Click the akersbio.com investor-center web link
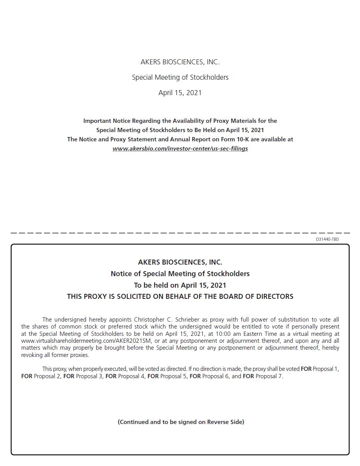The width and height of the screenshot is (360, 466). click(x=180, y=149)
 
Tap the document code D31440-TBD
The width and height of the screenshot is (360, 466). click(x=327, y=239)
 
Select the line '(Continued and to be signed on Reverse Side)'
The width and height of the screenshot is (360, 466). click(x=181, y=422)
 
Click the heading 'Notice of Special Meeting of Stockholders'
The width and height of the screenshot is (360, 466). click(x=180, y=274)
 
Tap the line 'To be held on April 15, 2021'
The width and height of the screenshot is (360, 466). click(x=180, y=285)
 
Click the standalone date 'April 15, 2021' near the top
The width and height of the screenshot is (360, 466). click(x=180, y=93)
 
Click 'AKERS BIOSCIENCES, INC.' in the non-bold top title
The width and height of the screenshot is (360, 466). click(x=180, y=62)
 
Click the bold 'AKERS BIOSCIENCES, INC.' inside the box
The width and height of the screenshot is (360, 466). click(x=180, y=262)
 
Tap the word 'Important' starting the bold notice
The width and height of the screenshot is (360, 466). click(x=97, y=121)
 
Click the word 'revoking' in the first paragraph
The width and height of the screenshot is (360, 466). click(x=32, y=355)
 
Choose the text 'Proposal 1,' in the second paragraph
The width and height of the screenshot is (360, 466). click(x=326, y=369)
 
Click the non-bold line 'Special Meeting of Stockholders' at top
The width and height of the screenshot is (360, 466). click(x=180, y=77)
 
